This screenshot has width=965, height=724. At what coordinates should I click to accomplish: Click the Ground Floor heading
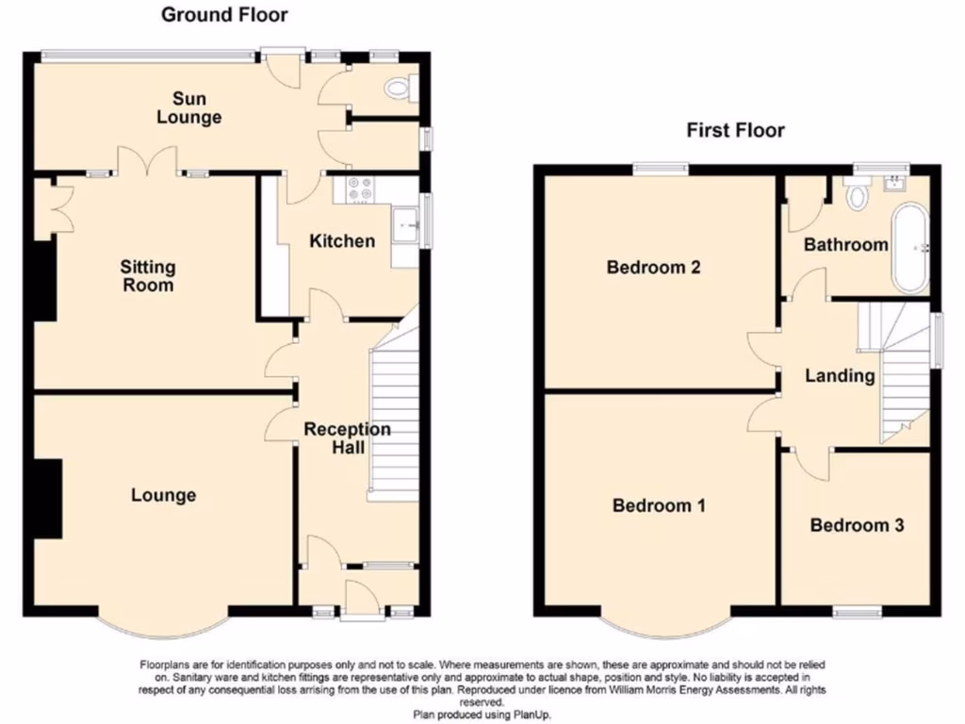[x=224, y=14]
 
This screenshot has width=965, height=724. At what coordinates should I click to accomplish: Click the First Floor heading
[x=735, y=130]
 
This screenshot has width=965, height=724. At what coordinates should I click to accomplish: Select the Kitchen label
[x=342, y=241]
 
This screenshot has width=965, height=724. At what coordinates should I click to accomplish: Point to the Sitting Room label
[x=147, y=275]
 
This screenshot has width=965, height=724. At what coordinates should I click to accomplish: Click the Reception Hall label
[x=347, y=438]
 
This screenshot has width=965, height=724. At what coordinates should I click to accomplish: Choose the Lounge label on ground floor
[x=163, y=495]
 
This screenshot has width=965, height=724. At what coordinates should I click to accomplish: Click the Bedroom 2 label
[x=653, y=267]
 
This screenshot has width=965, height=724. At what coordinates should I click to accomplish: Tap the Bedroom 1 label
[x=659, y=505]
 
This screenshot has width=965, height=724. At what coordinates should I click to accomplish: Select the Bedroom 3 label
[x=857, y=525]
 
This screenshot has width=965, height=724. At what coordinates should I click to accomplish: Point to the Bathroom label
[x=845, y=245]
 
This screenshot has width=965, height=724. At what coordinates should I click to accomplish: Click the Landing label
[x=839, y=375]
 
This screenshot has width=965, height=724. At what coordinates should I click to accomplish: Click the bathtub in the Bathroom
[x=910, y=246]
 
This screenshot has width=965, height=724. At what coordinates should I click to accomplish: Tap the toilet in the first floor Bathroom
[x=858, y=196]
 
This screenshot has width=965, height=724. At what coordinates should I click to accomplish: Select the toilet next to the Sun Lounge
[x=400, y=89]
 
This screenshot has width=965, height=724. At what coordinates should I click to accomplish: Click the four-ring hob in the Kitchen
[x=360, y=189]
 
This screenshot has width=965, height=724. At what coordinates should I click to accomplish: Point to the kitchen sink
[x=406, y=226]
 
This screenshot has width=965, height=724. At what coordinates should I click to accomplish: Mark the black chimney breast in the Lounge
[x=46, y=498]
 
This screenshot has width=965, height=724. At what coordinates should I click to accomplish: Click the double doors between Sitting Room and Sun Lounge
[x=147, y=162]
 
